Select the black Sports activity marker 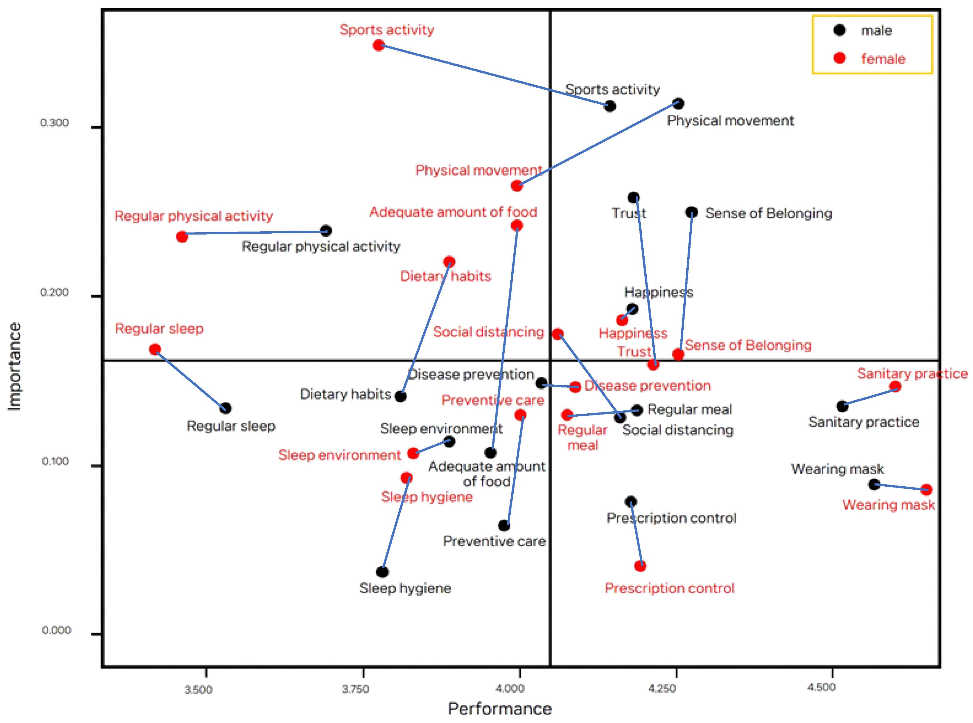click(609, 106)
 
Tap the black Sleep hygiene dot click(382, 572)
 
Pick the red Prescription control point click(640, 566)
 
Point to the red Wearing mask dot click(926, 489)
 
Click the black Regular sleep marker click(225, 408)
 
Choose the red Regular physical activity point click(182, 237)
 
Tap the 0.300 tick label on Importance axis click(54, 122)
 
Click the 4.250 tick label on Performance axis click(662, 689)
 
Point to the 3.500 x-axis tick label click(198, 690)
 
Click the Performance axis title click(499, 709)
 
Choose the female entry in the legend click(882, 59)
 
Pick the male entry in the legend click(876, 31)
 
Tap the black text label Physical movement click(730, 121)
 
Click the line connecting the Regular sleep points click(190, 379)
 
